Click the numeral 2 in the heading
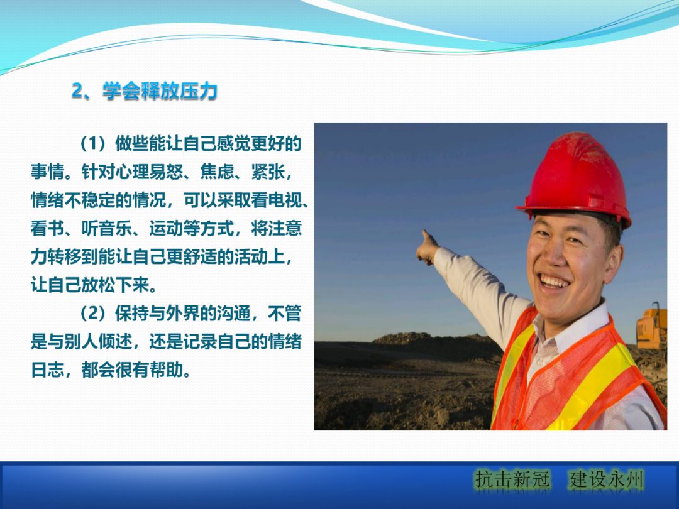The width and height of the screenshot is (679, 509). pyautogui.click(x=77, y=92)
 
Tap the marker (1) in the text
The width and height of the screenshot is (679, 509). pyautogui.click(x=94, y=144)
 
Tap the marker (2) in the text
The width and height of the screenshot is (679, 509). pyautogui.click(x=94, y=314)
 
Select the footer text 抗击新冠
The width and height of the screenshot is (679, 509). pyautogui.click(x=512, y=481)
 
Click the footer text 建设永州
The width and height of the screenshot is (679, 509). pyautogui.click(x=607, y=481)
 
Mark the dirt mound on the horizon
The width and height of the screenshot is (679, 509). pyautogui.click(x=402, y=339)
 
